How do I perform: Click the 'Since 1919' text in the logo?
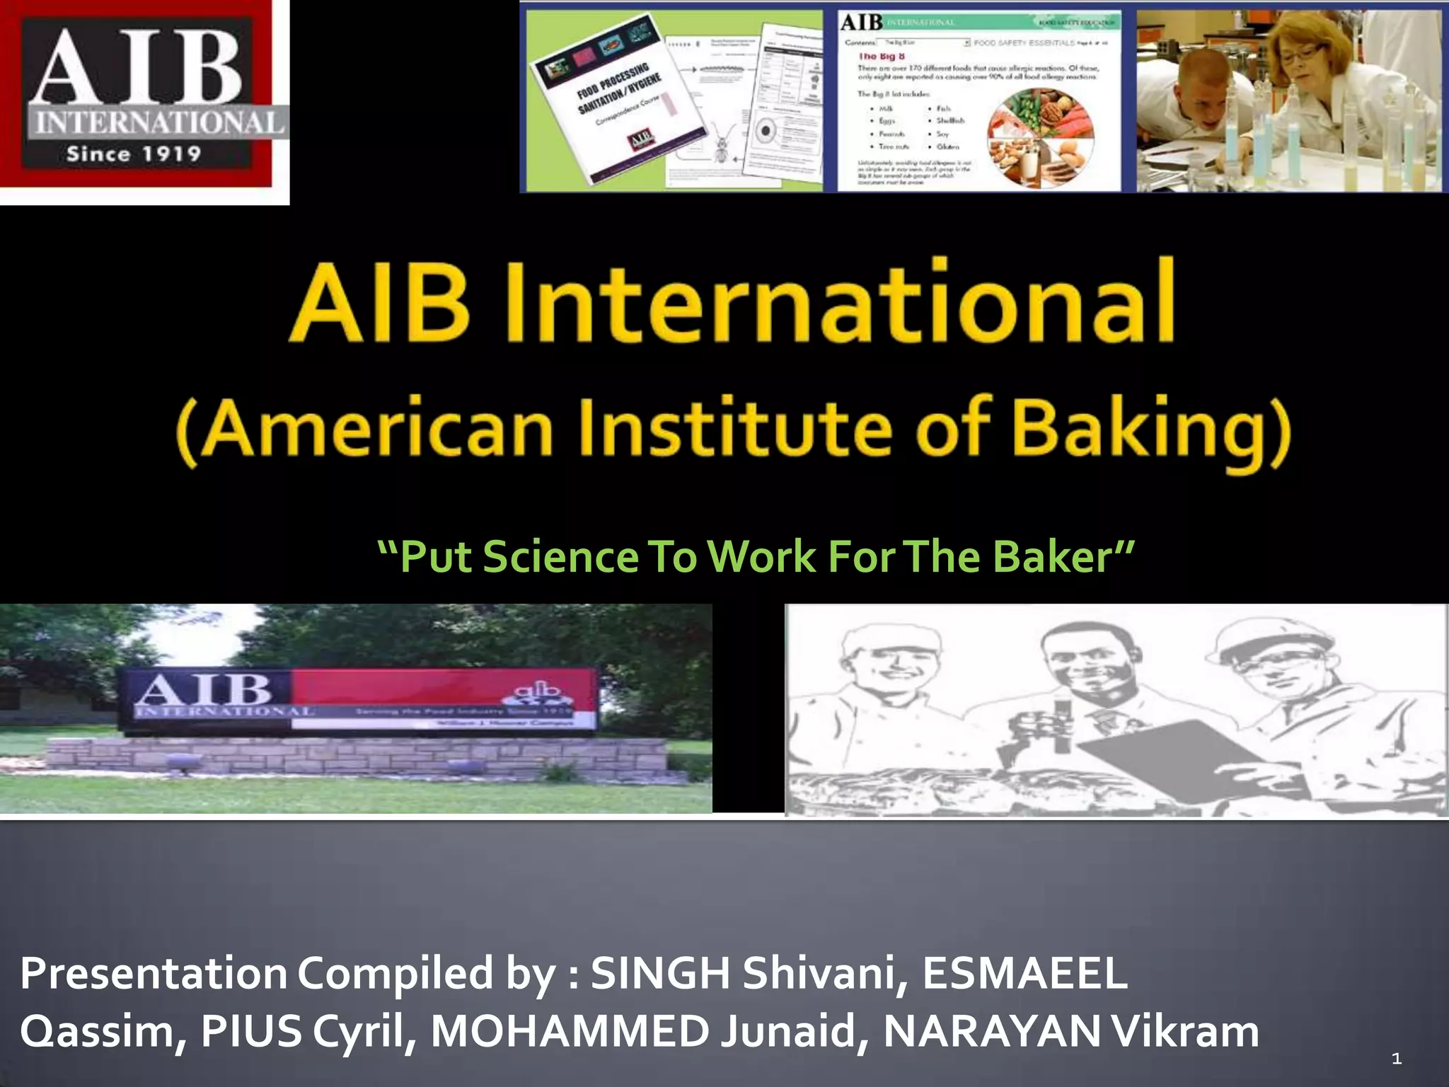(x=134, y=154)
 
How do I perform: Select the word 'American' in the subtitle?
(x=364, y=430)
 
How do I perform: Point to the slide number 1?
(x=1396, y=1059)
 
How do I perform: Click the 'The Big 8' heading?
(x=877, y=57)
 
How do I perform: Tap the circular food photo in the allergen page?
(x=1041, y=135)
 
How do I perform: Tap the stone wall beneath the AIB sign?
(x=354, y=761)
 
